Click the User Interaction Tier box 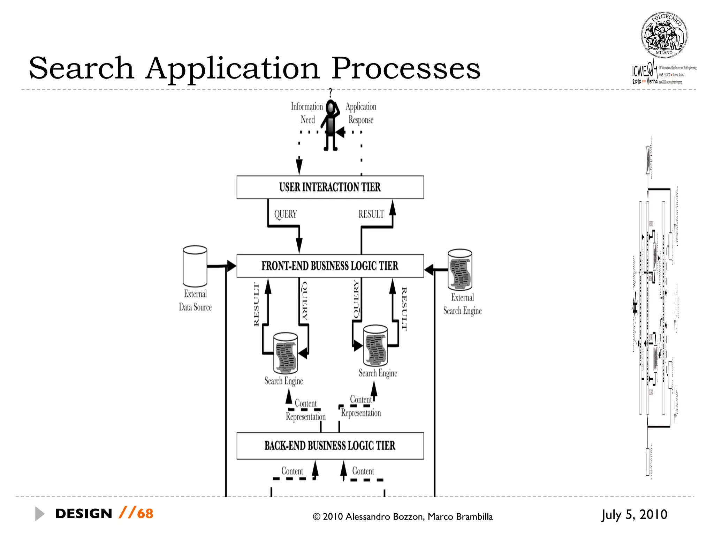[330, 187]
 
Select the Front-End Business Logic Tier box [330, 266]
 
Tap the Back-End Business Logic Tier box [330, 446]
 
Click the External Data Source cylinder [195, 266]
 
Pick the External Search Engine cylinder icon [460, 270]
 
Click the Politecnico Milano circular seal [664, 35]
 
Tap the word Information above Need [307, 106]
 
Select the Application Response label [361, 113]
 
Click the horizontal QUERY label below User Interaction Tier [286, 214]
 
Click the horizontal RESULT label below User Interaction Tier [371, 214]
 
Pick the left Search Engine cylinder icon [286, 353]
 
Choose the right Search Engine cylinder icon [375, 345]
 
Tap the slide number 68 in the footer [145, 514]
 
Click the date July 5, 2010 [634, 514]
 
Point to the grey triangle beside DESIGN [39, 514]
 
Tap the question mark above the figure [331, 92]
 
